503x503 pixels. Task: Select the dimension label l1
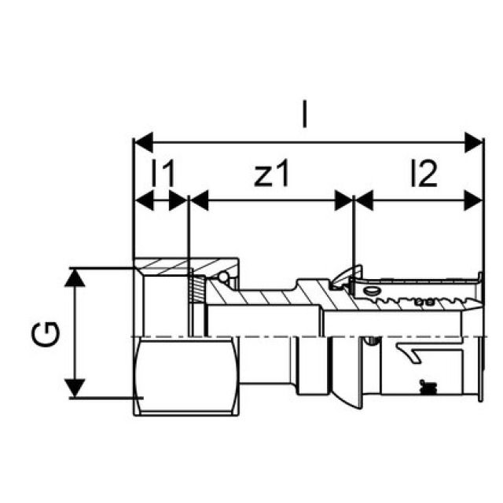tap(162, 175)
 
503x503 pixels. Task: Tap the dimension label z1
tap(272, 175)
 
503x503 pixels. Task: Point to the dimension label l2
tap(423, 175)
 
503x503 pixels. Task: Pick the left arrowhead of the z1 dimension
tap(199, 200)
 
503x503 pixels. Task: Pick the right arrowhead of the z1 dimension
tap(345, 200)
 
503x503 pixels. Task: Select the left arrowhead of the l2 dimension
tap(364, 200)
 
